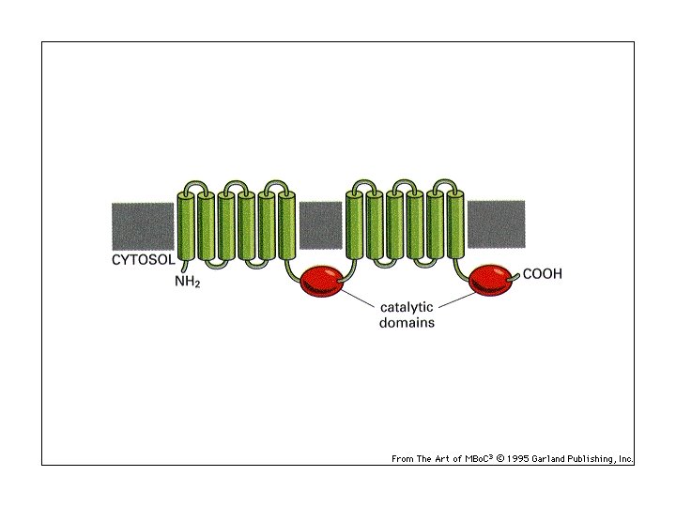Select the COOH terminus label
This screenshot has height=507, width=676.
click(x=542, y=274)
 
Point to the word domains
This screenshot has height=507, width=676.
click(x=407, y=322)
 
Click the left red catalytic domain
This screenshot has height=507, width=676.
click(x=322, y=280)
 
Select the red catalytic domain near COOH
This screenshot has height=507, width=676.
click(x=492, y=279)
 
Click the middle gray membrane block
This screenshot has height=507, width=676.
click(x=320, y=225)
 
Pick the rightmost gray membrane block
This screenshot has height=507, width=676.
click(x=496, y=225)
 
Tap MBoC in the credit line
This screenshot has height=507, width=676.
click(x=480, y=459)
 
